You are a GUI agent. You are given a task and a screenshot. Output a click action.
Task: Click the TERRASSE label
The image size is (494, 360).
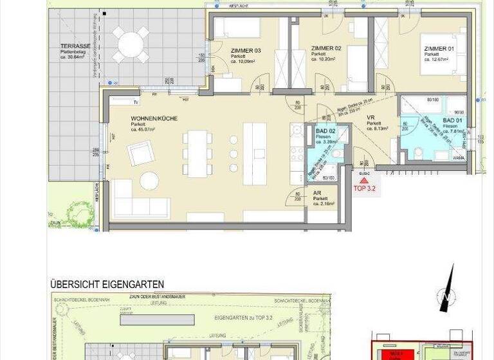75,46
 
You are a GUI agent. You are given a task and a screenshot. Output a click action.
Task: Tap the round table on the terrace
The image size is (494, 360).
131,45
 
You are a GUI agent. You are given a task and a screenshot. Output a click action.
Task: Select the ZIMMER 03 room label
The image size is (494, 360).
245,50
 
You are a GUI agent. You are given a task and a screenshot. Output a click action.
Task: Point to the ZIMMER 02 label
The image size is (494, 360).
325,48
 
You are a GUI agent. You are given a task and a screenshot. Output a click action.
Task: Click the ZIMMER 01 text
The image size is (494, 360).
438,48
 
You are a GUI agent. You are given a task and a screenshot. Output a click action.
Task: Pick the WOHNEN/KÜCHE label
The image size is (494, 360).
154,119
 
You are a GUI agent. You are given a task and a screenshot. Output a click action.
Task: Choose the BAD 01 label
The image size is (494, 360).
453,120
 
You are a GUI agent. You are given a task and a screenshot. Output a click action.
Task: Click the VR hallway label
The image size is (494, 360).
370,118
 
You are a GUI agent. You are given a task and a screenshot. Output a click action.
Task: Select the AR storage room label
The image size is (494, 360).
316,192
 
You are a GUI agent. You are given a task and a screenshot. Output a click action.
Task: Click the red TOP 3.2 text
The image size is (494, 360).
364,189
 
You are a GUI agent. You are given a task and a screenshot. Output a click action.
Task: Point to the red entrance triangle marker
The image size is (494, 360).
363,181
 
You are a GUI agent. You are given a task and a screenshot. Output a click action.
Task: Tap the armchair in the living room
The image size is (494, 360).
140,153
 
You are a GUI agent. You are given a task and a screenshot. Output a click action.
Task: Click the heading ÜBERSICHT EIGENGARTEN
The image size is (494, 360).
107,283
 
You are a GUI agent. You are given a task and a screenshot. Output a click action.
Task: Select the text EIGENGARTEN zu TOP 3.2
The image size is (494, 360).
242,318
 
